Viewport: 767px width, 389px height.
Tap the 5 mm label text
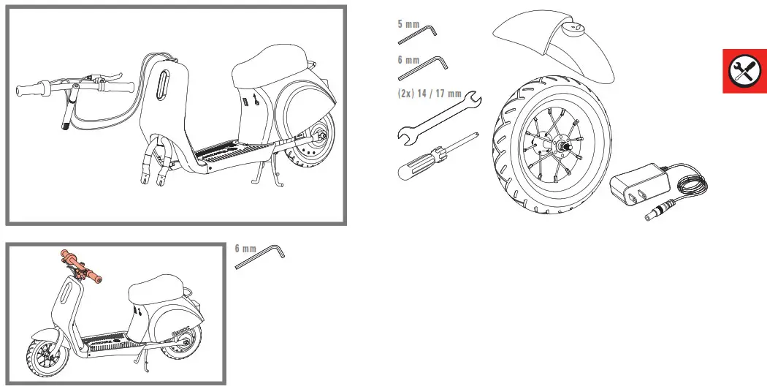(408, 24)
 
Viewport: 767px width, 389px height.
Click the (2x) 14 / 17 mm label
(430, 94)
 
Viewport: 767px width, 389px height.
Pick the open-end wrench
(438, 117)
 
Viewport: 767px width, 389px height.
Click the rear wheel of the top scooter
(310, 150)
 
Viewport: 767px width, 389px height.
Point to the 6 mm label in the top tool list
(408, 60)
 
